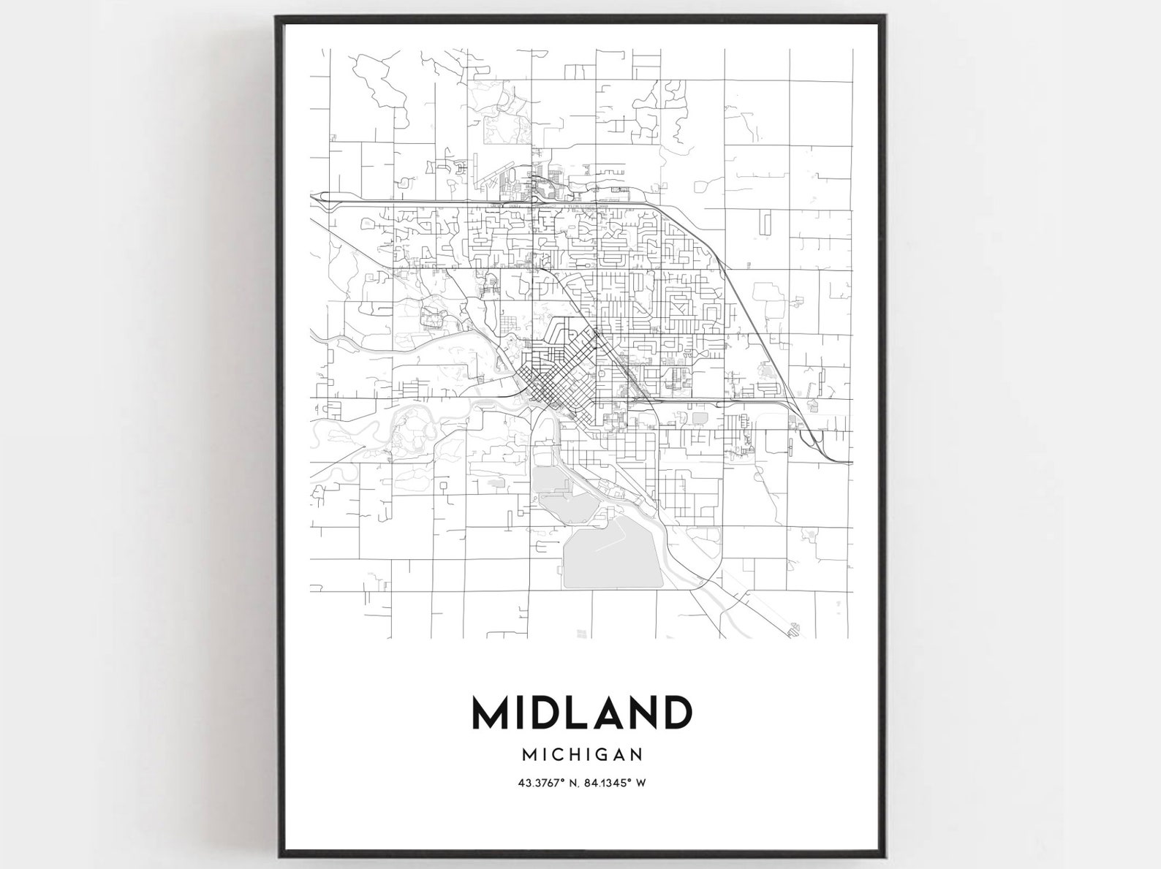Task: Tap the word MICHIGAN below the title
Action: pos(582,753)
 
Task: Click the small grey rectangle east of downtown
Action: pos(700,418)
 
